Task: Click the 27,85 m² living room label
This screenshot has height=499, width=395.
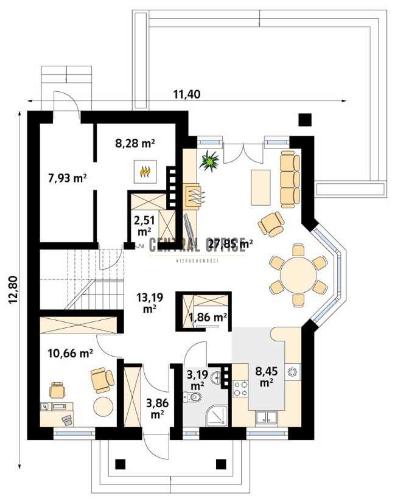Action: click(230, 245)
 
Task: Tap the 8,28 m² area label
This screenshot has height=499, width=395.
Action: click(135, 144)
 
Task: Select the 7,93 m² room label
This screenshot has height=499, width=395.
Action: click(67, 178)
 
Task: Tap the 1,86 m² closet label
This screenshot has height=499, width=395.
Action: click(208, 316)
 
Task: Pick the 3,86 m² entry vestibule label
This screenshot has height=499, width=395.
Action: click(157, 408)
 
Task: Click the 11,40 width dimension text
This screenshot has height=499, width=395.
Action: click(187, 94)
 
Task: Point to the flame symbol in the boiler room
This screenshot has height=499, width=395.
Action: click(145, 172)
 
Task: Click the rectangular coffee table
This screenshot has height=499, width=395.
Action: click(260, 188)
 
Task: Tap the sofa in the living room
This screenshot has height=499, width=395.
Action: click(289, 179)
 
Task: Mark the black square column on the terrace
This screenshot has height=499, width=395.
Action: click(305, 119)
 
